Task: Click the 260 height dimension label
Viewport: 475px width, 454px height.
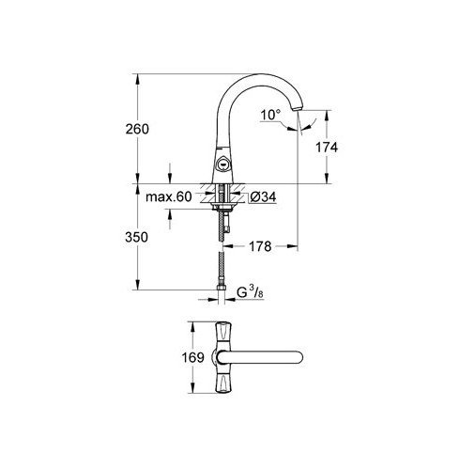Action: coord(137,129)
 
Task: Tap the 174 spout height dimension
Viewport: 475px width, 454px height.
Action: coord(327,148)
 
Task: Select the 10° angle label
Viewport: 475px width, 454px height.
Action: coord(271,115)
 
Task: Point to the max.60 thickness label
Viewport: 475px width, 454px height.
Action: coord(169,196)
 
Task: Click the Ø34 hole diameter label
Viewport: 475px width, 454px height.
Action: coord(263,197)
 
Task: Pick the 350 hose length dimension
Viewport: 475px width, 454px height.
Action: coord(136,237)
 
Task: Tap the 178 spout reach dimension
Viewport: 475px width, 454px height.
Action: coord(260,246)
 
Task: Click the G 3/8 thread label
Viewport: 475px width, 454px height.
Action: coord(251,292)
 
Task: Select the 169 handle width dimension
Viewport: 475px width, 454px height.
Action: coord(193,357)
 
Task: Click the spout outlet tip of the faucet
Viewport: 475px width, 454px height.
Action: coord(297,108)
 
